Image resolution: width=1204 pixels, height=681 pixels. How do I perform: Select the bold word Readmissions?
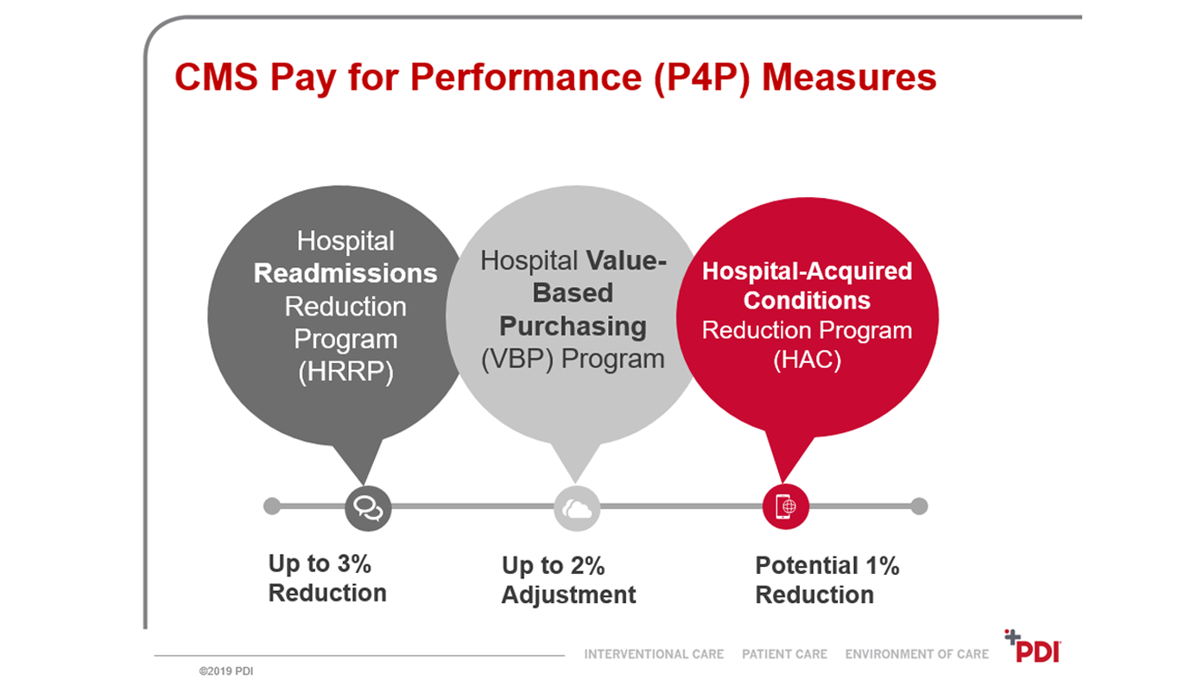(345, 273)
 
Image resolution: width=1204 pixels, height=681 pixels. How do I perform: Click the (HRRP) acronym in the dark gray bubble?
(345, 372)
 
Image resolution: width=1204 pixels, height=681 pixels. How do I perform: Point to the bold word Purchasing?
(573, 326)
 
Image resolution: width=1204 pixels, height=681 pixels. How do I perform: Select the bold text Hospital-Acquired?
(807, 270)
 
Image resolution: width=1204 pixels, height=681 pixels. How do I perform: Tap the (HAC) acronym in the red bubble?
(807, 360)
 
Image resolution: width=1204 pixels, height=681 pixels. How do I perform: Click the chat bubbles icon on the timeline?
(368, 507)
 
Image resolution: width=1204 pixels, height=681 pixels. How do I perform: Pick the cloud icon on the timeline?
(576, 507)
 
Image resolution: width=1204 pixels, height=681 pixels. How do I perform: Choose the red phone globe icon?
(785, 506)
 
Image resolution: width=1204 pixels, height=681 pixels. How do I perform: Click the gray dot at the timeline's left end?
(272, 506)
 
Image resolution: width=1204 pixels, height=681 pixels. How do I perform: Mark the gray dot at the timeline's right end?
(919, 506)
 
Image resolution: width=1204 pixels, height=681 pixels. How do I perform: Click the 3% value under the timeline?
(353, 564)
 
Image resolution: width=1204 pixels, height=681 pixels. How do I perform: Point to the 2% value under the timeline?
(586, 566)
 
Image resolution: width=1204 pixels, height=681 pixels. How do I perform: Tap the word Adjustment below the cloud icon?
(568, 595)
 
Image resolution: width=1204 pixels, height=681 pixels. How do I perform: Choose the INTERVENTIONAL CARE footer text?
(654, 654)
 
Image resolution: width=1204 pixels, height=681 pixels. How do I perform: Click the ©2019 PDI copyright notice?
(226, 670)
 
